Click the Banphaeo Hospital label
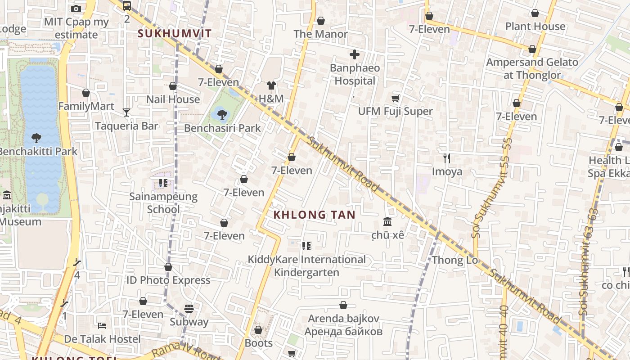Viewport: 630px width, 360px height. click(355, 75)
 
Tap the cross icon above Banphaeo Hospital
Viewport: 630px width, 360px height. click(355, 55)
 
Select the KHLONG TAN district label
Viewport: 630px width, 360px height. click(315, 215)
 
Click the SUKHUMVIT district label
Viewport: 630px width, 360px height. click(175, 33)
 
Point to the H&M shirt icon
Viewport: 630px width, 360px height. click(271, 85)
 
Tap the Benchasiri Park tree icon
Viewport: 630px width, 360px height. click(222, 114)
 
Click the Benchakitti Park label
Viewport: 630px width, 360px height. click(38, 151)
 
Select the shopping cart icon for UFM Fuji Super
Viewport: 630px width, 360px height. click(396, 99)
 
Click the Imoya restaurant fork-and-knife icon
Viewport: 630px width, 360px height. click(447, 158)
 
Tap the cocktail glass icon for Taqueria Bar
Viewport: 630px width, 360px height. click(126, 112)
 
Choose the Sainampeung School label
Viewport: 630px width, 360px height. click(163, 203)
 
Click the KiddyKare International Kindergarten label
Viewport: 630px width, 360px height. click(307, 266)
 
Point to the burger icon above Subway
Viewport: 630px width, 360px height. click(189, 309)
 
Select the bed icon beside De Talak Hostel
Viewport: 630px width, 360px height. click(102, 325)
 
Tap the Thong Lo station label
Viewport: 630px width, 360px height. click(454, 260)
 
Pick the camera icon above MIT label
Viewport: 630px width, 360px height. click(76, 9)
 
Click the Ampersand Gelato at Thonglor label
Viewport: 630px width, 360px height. click(532, 68)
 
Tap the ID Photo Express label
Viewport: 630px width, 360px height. click(168, 280)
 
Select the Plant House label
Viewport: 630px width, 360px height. click(535, 26)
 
